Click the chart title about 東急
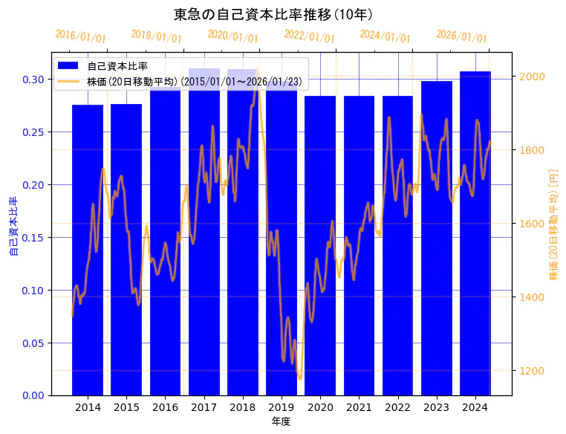(x=273, y=15)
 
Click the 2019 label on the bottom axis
(x=282, y=407)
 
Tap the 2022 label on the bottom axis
(x=397, y=407)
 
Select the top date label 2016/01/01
(x=81, y=36)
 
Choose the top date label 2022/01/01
(x=310, y=36)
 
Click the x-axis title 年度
(x=281, y=421)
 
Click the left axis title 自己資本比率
(x=13, y=227)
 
